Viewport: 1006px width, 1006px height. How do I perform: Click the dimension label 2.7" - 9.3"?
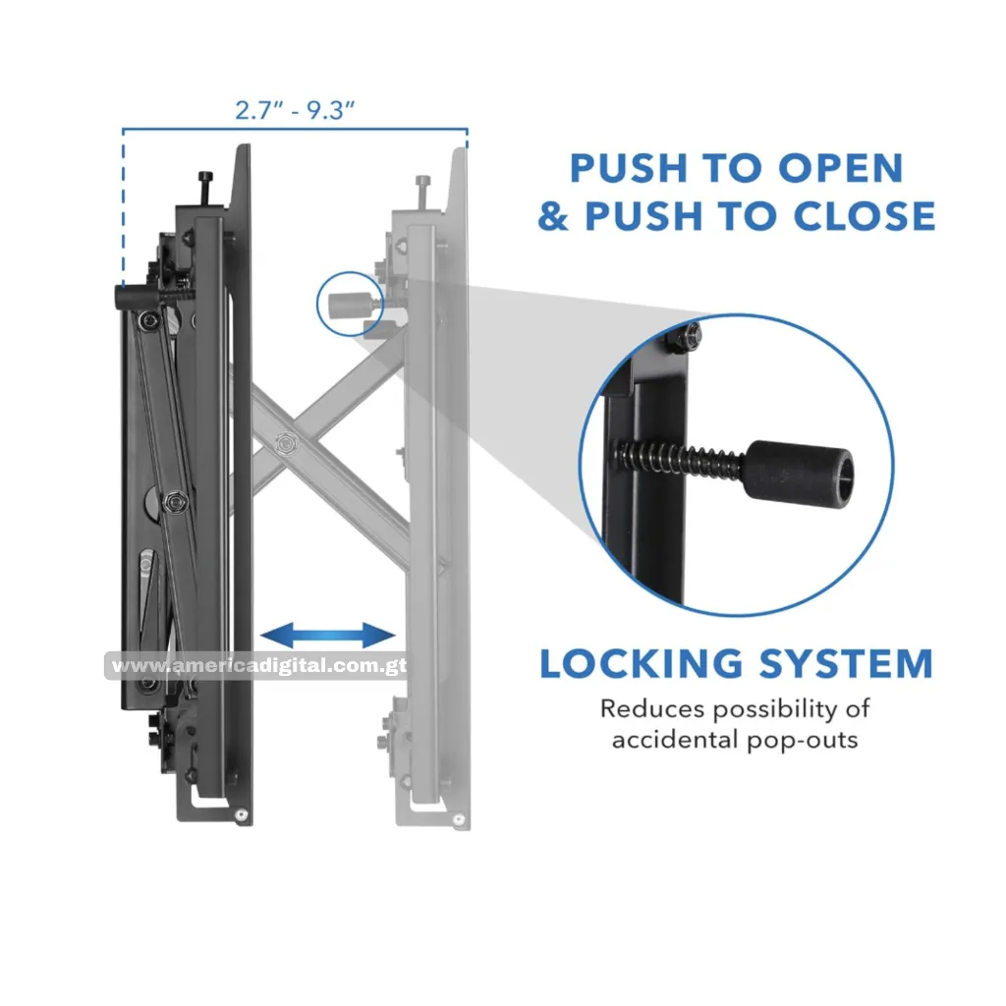coord(295,110)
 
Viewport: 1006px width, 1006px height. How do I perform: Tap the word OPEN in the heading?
coord(841,169)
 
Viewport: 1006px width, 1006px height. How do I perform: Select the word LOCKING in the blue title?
coord(641,663)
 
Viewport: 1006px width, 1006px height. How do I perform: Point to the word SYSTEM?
coord(846,663)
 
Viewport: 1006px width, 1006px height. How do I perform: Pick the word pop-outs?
coord(803,741)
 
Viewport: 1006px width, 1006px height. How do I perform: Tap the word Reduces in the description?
coord(652,709)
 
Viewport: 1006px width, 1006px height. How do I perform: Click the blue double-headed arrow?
coord(328,636)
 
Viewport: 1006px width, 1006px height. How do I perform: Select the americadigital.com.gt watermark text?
coord(256,666)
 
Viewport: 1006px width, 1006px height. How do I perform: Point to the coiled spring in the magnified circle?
coord(680,460)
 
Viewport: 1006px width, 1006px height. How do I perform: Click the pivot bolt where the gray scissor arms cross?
coord(284,443)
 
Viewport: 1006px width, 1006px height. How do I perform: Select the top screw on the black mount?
coord(205,188)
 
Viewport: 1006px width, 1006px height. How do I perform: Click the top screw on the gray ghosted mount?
coord(422,192)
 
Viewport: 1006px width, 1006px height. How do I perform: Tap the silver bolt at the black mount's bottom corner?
coord(242,814)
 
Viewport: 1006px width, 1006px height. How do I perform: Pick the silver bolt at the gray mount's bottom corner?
coord(458,819)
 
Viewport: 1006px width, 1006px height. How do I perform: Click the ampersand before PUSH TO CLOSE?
coord(553,216)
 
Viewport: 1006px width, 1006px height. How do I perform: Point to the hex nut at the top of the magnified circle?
coord(688,336)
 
